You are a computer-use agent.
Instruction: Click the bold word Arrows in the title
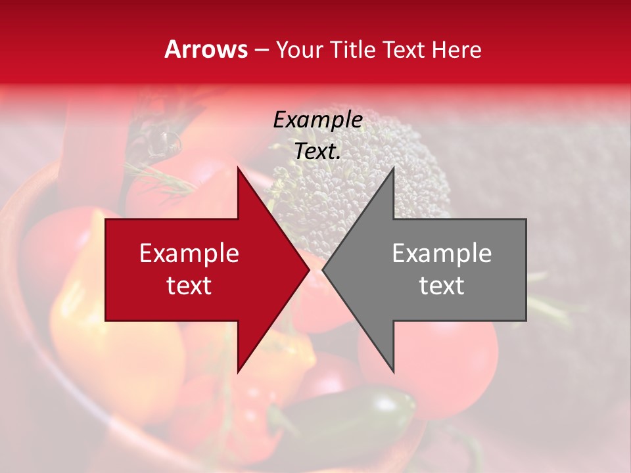pyautogui.click(x=206, y=49)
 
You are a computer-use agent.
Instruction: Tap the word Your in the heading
pyautogui.click(x=299, y=51)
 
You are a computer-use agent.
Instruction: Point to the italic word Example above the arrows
pyautogui.click(x=317, y=120)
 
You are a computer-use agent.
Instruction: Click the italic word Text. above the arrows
pyautogui.click(x=317, y=151)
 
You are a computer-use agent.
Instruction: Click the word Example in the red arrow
pyautogui.click(x=189, y=254)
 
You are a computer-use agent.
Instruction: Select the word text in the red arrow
pyautogui.click(x=189, y=286)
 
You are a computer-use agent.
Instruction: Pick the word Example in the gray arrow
pyautogui.click(x=442, y=254)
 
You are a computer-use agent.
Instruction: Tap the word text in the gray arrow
pyautogui.click(x=442, y=286)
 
